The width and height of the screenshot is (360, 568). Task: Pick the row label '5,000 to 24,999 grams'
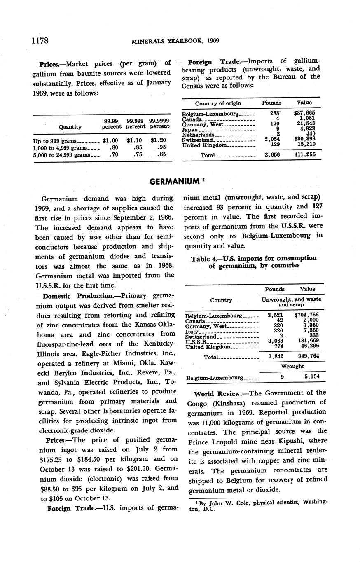coord(61,154)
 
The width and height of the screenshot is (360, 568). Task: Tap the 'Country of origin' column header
coord(218,103)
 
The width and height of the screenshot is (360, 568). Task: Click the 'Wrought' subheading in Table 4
coord(292,366)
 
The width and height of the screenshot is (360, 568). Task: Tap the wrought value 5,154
coord(312,376)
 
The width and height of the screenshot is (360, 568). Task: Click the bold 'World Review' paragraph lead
coord(216,393)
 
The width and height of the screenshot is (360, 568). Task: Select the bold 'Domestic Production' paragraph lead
coord(72,296)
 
